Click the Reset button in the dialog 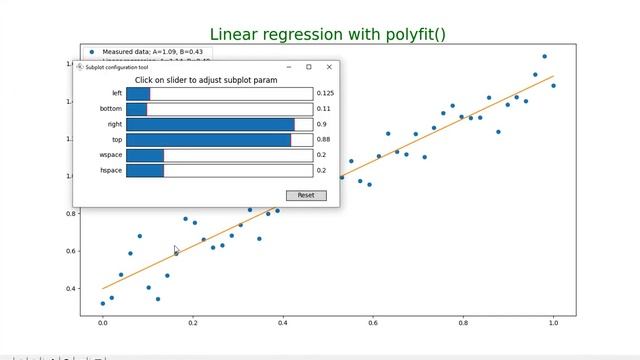coord(305,195)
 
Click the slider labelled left coord(219,93)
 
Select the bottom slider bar coord(219,108)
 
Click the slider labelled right coord(219,124)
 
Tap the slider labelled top coord(219,140)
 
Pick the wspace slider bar coord(219,155)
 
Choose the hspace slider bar coord(219,171)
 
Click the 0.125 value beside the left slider coord(325,93)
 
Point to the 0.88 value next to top coord(323,140)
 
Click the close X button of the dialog coord(329,67)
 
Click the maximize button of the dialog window coord(308,67)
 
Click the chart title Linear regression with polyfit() coord(327,34)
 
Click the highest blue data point coord(544,56)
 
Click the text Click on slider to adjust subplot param coord(206,80)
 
